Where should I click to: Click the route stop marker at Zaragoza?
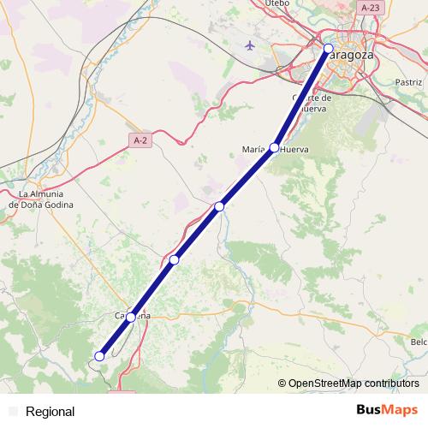[329, 49]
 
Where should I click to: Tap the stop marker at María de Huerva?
[274, 147]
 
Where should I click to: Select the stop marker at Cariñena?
[130, 318]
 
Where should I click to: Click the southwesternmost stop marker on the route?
[100, 356]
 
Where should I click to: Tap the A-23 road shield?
[370, 8]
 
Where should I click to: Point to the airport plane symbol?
[250, 45]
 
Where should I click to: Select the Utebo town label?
[278, 3]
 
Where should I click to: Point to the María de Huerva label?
[275, 150]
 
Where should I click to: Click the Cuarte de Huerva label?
[312, 103]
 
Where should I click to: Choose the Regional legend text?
[51, 412]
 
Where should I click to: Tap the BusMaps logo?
[387, 410]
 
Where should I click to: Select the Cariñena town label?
[133, 316]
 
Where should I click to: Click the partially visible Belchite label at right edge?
[419, 342]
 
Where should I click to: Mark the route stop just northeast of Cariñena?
[174, 259]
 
